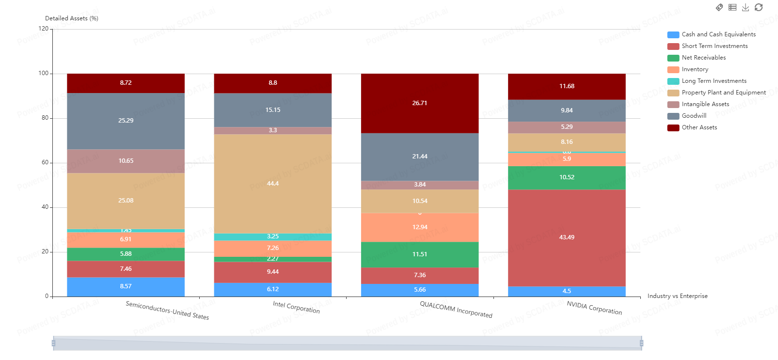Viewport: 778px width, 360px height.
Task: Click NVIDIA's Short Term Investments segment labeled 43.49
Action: click(567, 237)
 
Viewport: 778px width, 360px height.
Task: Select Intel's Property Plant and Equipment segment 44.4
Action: click(273, 184)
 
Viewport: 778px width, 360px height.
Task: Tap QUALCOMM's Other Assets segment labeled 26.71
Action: click(420, 103)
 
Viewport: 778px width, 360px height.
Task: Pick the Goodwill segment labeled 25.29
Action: click(126, 121)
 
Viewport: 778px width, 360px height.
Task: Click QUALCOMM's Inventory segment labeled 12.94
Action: click(420, 227)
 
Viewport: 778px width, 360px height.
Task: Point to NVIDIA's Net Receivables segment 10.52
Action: click(567, 177)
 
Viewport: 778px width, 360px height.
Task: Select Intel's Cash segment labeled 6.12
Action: click(273, 289)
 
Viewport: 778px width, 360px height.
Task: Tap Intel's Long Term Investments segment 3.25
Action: click(273, 237)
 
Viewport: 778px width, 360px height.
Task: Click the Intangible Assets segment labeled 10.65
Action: click(126, 161)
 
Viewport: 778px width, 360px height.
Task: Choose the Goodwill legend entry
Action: click(694, 116)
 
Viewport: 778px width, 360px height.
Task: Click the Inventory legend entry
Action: click(695, 69)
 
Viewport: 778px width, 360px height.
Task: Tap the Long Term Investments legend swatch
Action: click(673, 81)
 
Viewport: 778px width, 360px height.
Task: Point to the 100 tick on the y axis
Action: click(44, 73)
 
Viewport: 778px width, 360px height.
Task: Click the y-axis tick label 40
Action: click(45, 207)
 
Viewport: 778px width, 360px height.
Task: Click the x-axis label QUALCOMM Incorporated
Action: click(456, 309)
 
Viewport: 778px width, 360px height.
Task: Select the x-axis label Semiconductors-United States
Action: click(167, 310)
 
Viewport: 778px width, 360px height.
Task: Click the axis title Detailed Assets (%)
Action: click(72, 18)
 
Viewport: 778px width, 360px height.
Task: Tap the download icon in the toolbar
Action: click(746, 7)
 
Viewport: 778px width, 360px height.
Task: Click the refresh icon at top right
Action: click(759, 7)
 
